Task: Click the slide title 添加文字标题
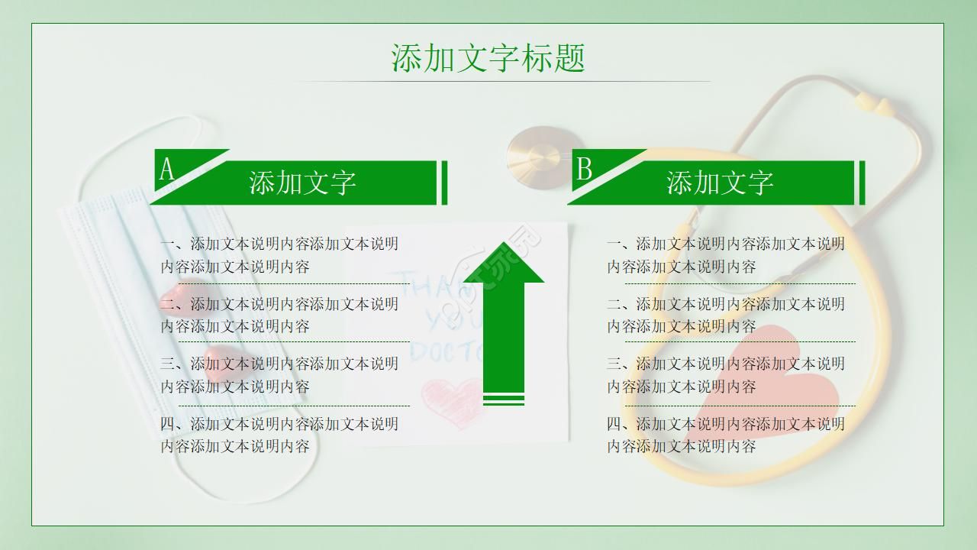coord(488,58)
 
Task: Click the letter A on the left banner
coord(166,169)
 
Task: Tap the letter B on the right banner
coord(584,169)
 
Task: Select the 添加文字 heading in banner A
coord(302,183)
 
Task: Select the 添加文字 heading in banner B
coord(720,183)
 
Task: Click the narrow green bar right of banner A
coord(444,183)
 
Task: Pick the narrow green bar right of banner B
coord(863,183)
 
